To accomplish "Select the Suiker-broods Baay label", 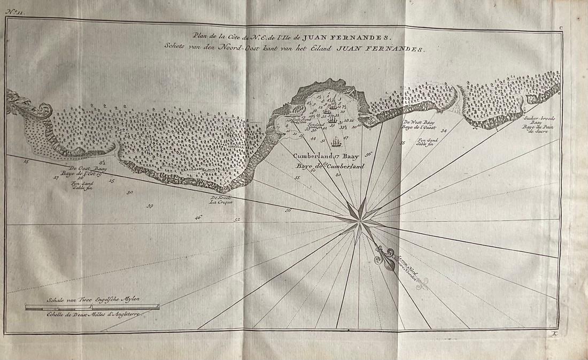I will pyautogui.click(x=536, y=120).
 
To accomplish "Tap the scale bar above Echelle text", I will pyautogui.click(x=92, y=307).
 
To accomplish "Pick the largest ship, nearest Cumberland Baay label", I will pyautogui.click(x=336, y=142).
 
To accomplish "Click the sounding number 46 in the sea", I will pyautogui.click(x=198, y=217).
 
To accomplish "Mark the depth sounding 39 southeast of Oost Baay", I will pyautogui.click(x=150, y=206).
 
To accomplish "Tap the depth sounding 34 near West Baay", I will pyautogui.click(x=443, y=131).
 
